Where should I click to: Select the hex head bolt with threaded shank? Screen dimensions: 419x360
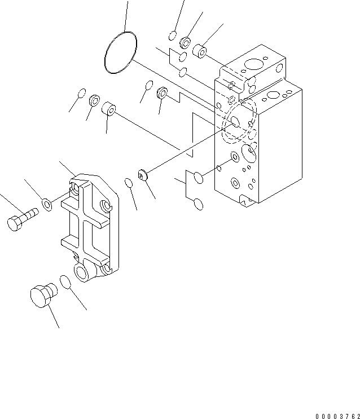tap(21, 219)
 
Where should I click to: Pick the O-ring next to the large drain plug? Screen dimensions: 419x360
tap(66, 282)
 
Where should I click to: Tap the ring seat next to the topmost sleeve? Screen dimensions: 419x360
tap(185, 43)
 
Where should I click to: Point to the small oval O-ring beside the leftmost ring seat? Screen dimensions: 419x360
tap(81, 93)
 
